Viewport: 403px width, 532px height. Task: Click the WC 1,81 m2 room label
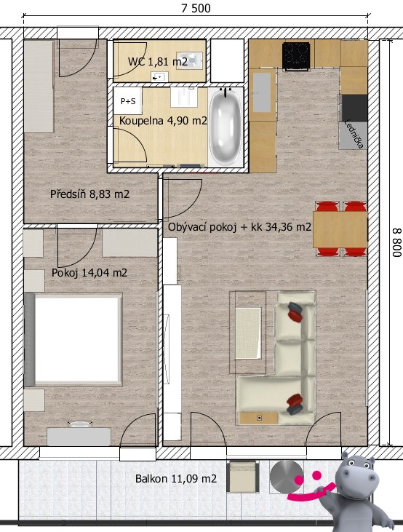click(x=158, y=62)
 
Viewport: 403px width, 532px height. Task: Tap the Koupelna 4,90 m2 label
click(x=163, y=121)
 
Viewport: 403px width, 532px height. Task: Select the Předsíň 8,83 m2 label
click(x=90, y=194)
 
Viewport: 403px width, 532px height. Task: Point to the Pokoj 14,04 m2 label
click(x=89, y=273)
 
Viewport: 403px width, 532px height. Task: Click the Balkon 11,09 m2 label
click(x=176, y=479)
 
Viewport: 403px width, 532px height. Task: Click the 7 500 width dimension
click(x=196, y=8)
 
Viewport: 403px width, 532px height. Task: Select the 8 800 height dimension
click(x=397, y=242)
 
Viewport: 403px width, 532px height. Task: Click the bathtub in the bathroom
click(x=226, y=127)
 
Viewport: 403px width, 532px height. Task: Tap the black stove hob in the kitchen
click(x=296, y=55)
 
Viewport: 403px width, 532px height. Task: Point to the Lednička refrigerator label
click(x=354, y=134)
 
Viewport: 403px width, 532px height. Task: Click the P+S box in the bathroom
click(x=128, y=100)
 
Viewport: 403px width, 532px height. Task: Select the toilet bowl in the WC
click(x=189, y=60)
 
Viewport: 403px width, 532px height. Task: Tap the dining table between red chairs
click(x=340, y=229)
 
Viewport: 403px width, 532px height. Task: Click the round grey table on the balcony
click(x=287, y=477)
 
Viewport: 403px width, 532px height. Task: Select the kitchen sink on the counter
click(x=262, y=92)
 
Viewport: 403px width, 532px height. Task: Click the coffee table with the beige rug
click(x=248, y=333)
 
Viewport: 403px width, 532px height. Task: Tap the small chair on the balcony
click(x=243, y=477)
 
